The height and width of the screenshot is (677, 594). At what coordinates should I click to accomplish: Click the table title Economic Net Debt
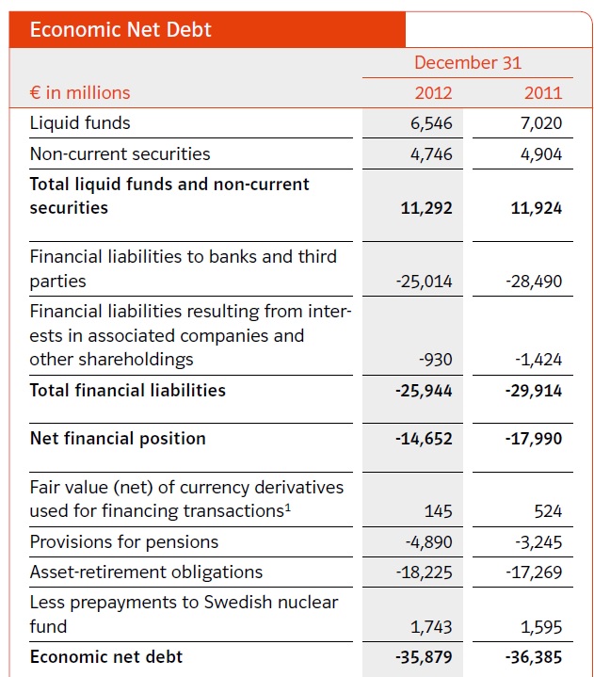point(120,29)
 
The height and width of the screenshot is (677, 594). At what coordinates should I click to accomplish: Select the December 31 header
point(467,63)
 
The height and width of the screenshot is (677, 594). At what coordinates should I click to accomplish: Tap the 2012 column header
point(433,92)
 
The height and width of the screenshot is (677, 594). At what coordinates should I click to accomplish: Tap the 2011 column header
point(542,92)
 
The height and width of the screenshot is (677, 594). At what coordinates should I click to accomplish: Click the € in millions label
point(80,92)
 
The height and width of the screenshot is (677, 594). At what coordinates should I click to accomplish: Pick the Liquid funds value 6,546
point(431,123)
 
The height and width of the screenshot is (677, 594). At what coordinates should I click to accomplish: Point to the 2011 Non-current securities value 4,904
point(541,154)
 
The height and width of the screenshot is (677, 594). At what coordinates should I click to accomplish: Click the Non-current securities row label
point(120,153)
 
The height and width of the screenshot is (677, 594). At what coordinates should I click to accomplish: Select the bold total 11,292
point(426,208)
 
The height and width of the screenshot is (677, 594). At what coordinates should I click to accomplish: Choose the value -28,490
point(536,282)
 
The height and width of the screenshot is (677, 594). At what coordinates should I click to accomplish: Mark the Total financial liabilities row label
point(127,390)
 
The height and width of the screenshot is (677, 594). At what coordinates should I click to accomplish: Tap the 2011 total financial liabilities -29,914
point(534,391)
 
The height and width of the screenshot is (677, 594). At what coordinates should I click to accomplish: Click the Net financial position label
point(118,439)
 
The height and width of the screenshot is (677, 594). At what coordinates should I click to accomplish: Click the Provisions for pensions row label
point(123,541)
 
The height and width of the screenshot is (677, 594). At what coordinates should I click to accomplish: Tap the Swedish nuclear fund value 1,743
point(432,627)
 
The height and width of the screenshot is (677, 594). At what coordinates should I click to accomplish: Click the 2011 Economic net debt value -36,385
point(534,657)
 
